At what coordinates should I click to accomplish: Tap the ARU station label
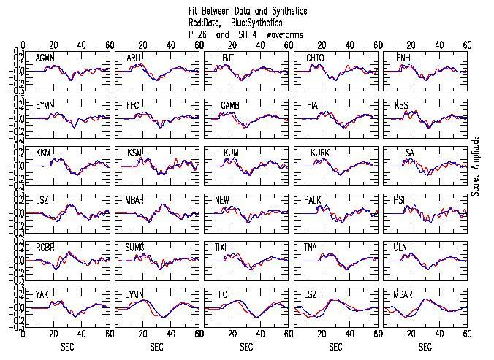[134, 58]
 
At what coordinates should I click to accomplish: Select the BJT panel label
[228, 58]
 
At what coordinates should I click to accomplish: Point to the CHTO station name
[316, 58]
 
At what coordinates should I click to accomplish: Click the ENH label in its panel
[403, 58]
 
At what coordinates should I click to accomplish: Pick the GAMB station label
[230, 105]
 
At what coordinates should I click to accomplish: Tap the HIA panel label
[313, 105]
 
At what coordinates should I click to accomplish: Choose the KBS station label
[402, 105]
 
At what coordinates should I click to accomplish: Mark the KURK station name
[319, 153]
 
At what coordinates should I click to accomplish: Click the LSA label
[408, 153]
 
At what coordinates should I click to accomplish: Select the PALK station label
[320, 199]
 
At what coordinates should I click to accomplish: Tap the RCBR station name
[46, 247]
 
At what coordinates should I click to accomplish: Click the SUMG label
[136, 247]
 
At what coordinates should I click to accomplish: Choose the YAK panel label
[42, 294]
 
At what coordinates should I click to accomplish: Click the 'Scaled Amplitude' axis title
[476, 165]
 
